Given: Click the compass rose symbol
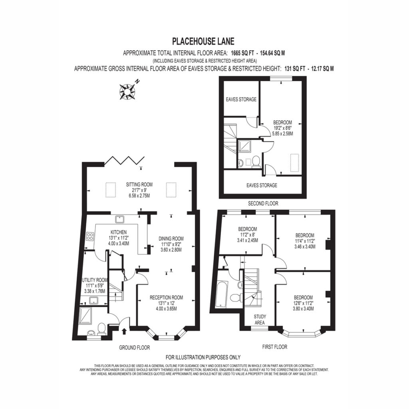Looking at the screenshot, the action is (x=127, y=91).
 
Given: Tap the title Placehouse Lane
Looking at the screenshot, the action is (x=203, y=41).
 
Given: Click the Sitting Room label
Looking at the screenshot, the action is (x=139, y=185).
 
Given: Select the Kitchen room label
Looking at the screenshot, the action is (x=119, y=232).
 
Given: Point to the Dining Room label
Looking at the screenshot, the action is (x=171, y=238).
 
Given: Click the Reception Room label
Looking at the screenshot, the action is (x=167, y=297).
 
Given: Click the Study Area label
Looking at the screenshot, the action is (x=260, y=320).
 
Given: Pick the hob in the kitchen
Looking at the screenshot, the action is (x=90, y=236).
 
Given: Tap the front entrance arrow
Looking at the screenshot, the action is (x=124, y=331).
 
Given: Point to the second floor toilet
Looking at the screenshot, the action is (x=256, y=161).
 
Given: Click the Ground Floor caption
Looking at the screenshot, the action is (x=135, y=347).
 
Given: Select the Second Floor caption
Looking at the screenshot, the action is (x=263, y=203).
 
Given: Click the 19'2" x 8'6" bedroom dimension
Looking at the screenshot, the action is (x=282, y=128).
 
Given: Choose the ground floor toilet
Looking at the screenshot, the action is (x=101, y=329).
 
